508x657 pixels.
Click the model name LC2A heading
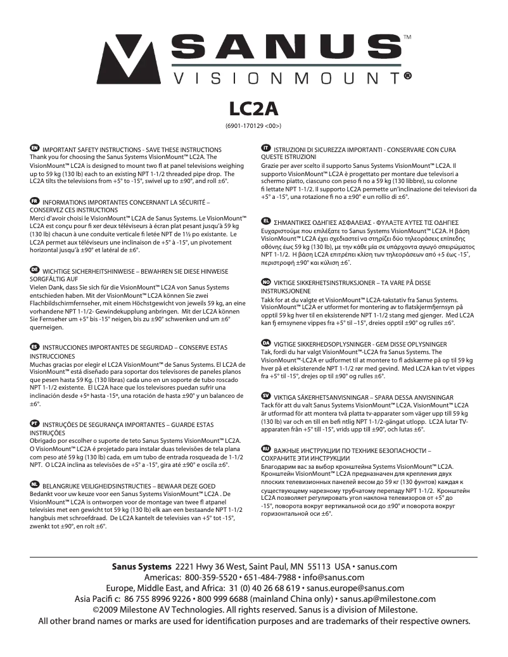[x=253, y=108]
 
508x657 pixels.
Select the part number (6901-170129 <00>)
[x=253, y=125]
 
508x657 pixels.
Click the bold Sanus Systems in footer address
[x=141, y=566]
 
